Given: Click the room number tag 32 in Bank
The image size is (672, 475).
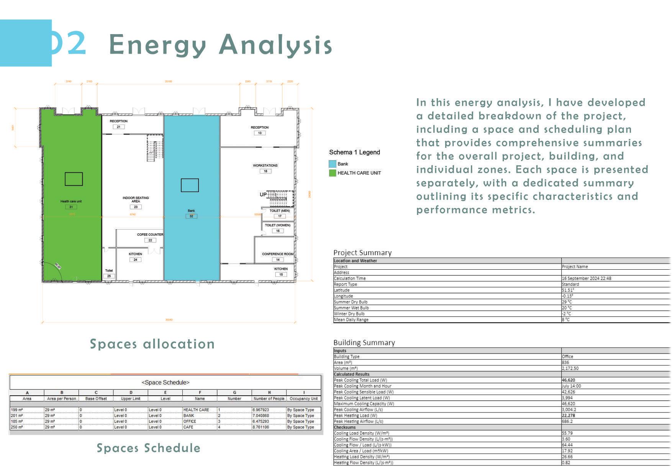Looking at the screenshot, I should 191,216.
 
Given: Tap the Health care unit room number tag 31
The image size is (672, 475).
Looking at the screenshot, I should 71,207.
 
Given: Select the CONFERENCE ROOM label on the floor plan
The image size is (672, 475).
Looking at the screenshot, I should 277,254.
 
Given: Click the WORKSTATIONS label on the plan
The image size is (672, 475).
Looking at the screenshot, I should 265,165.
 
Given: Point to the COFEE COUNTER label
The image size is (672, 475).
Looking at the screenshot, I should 150,234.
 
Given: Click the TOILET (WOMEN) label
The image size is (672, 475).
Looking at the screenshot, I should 278,225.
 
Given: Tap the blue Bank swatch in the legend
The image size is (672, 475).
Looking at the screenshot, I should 332,164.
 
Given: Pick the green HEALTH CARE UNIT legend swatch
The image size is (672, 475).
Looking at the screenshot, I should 332,173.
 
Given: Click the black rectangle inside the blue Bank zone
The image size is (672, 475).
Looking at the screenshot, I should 190,185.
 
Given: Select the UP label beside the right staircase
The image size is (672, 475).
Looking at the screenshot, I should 263,195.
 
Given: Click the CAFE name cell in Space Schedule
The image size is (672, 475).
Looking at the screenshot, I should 188,427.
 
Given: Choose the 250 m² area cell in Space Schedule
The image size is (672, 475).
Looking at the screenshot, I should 17,427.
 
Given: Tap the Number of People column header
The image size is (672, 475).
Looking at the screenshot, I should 269,399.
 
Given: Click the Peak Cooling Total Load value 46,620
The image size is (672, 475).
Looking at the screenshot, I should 568,380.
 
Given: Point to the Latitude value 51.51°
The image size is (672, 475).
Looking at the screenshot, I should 568,290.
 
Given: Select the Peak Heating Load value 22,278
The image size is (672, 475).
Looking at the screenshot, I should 568,416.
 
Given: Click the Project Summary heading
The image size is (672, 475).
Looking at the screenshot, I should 362,253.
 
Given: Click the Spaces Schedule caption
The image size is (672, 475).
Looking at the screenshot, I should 148,448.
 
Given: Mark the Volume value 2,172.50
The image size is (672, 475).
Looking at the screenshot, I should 570,369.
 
